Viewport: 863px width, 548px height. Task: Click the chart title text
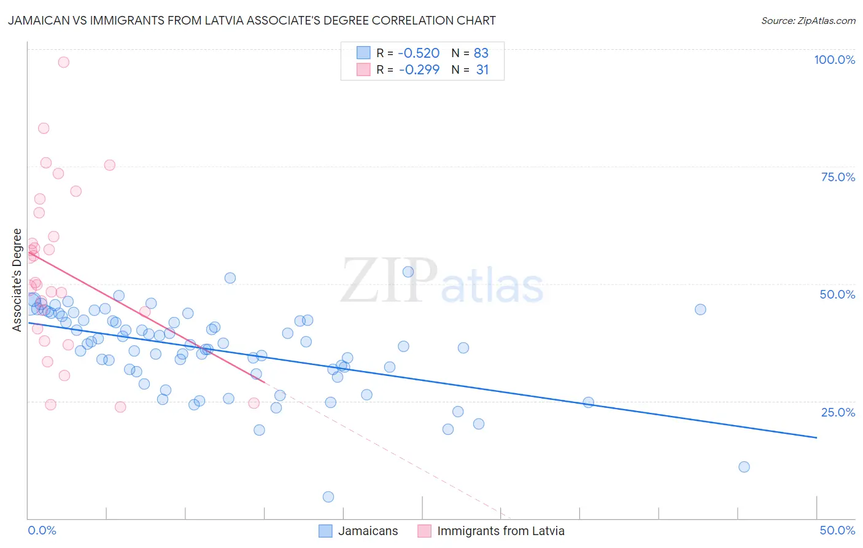252,21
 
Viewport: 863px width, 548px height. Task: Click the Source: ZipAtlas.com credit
808,21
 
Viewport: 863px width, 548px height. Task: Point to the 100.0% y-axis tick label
834,60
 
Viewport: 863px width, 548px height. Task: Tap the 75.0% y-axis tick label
838,177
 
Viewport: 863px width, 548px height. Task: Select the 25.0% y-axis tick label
838,412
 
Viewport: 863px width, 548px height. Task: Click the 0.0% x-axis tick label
42,530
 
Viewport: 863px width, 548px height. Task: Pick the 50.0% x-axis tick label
837,530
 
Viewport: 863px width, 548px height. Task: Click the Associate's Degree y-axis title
17,280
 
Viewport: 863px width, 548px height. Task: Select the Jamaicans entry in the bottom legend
368,531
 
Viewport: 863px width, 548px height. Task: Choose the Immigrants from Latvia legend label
500,531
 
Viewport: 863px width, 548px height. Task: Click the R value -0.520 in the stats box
419,53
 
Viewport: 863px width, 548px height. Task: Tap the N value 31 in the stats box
482,70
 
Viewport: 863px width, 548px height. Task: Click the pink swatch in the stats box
363,70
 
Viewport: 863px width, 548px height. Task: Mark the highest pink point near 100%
63,62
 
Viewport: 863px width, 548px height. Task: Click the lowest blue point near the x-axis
328,497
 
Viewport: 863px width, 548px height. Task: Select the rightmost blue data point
744,467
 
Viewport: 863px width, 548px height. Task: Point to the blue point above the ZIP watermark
408,272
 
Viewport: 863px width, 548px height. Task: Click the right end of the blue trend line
816,437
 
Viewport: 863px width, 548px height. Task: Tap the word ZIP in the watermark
389,281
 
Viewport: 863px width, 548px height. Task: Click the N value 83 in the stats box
481,53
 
